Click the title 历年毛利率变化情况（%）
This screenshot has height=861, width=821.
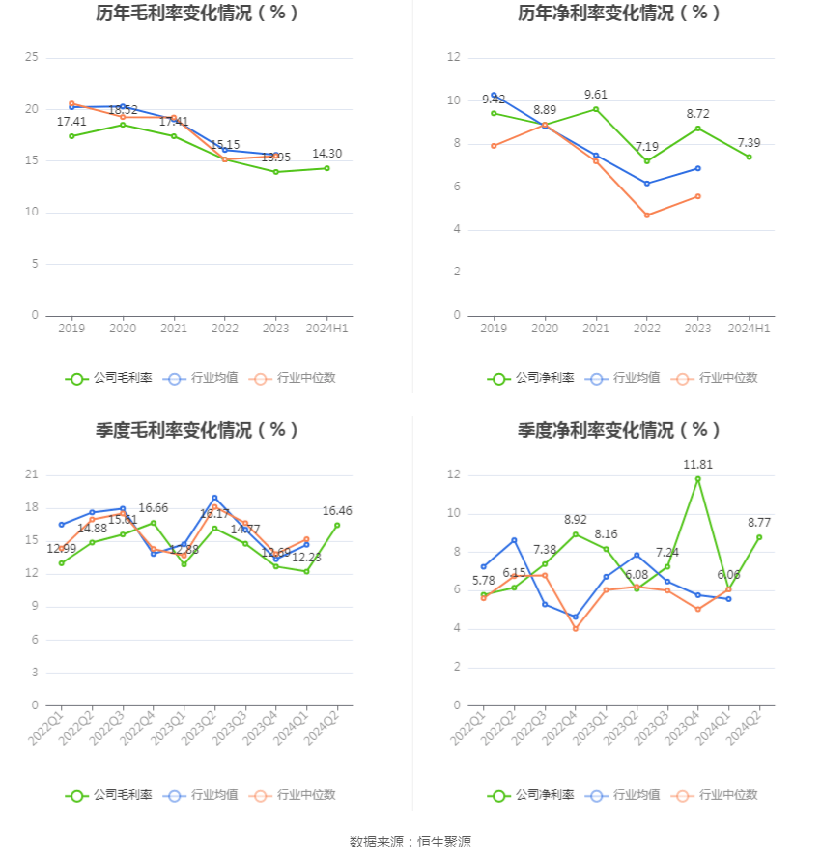point(198,14)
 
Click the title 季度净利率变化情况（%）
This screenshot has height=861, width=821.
point(619,431)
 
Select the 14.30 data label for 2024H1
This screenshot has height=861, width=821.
point(326,154)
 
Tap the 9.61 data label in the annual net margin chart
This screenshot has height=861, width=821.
point(596,95)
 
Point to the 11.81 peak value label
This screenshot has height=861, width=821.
point(698,465)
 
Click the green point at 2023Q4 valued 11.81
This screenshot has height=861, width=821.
point(698,479)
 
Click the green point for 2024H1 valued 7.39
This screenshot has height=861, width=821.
point(749,157)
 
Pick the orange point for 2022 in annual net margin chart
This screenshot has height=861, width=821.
point(647,215)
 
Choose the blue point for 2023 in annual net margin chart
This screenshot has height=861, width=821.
point(697,168)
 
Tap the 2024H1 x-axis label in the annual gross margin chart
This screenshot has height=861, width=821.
point(326,329)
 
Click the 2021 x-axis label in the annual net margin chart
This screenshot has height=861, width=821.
point(596,329)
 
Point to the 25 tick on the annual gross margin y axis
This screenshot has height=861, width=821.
point(32,58)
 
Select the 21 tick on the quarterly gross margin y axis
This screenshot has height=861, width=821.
point(32,475)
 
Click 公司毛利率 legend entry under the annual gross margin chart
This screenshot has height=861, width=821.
point(109,378)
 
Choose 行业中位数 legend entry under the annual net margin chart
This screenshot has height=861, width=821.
point(718,378)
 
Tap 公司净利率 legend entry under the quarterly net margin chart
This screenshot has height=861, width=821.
point(531,795)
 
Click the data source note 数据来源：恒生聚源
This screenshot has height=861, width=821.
point(410,842)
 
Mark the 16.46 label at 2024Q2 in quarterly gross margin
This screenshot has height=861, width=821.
point(337,511)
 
